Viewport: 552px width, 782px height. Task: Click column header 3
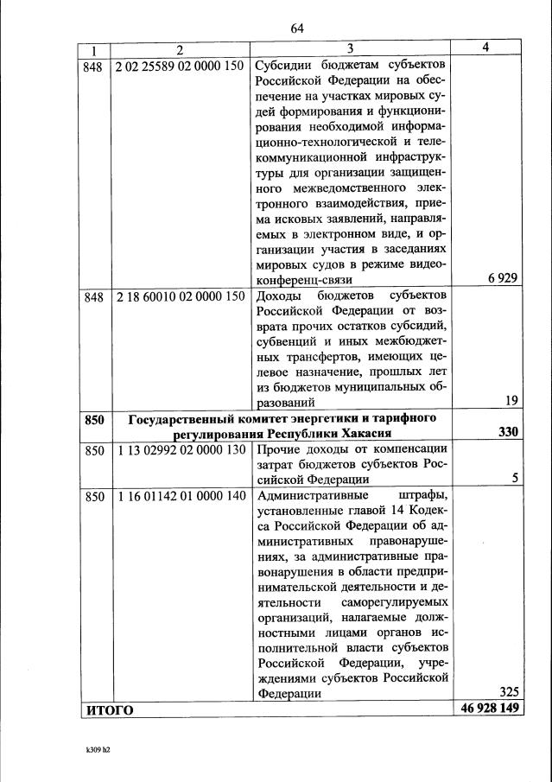click(350, 50)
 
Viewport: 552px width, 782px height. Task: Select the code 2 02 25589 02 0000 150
click(179, 67)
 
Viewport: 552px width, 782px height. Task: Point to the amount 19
click(510, 399)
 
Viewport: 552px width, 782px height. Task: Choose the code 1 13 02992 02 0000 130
click(179, 448)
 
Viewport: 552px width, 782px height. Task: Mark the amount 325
click(505, 691)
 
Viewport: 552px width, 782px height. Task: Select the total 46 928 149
click(487, 709)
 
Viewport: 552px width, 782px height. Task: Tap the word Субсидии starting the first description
click(284, 67)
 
